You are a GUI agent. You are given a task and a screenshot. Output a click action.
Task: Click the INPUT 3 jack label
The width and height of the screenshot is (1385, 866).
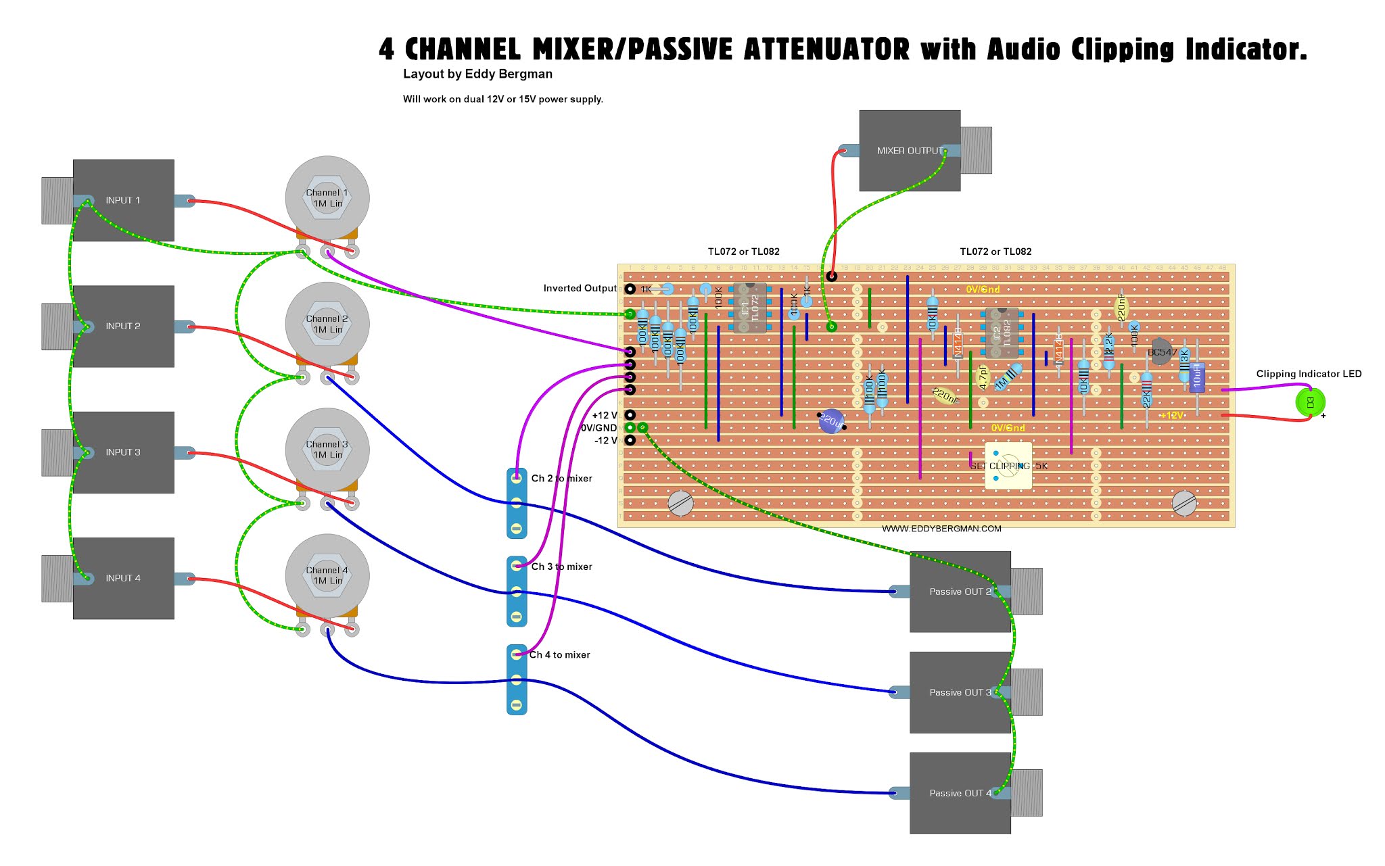coord(123,452)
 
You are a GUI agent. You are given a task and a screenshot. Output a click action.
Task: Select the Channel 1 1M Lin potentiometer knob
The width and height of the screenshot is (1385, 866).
coord(327,198)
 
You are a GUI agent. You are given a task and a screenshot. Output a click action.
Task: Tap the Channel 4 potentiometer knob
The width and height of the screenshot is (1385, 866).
coord(327,575)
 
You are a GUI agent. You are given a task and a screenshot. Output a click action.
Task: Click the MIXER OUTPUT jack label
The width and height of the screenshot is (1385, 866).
coord(910,151)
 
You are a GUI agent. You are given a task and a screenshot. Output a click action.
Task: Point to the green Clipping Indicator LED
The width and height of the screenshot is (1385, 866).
coord(1310,402)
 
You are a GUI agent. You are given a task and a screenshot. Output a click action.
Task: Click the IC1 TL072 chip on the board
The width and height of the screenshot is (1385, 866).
coord(750,308)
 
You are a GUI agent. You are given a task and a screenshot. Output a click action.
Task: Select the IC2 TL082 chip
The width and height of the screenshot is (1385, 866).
coord(1002,333)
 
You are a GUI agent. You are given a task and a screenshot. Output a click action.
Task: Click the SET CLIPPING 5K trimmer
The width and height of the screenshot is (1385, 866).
coord(1008,466)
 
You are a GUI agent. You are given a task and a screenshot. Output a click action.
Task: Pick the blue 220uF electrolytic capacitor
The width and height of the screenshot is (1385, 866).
coord(831,421)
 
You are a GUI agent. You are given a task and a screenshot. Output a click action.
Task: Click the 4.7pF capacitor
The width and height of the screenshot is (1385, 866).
coord(983,377)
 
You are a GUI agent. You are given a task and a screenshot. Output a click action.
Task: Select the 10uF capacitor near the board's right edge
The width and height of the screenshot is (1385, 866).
coord(1197,377)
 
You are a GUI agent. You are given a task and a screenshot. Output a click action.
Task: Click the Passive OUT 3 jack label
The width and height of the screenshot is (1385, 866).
coord(960,692)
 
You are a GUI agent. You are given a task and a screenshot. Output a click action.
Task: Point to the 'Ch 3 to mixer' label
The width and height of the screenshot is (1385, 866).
coord(561,567)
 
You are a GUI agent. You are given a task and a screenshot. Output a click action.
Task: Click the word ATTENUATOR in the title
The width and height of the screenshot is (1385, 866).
coord(826,49)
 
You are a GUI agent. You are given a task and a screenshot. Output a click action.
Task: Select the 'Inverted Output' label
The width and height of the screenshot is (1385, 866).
coord(580,289)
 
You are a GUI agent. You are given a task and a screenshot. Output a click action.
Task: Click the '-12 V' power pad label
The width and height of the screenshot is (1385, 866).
coord(605,441)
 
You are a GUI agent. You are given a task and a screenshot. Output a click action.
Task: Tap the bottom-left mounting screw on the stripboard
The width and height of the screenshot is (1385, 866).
coord(680,503)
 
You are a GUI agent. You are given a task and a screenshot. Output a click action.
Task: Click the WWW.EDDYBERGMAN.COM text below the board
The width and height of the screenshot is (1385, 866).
coord(941,529)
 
